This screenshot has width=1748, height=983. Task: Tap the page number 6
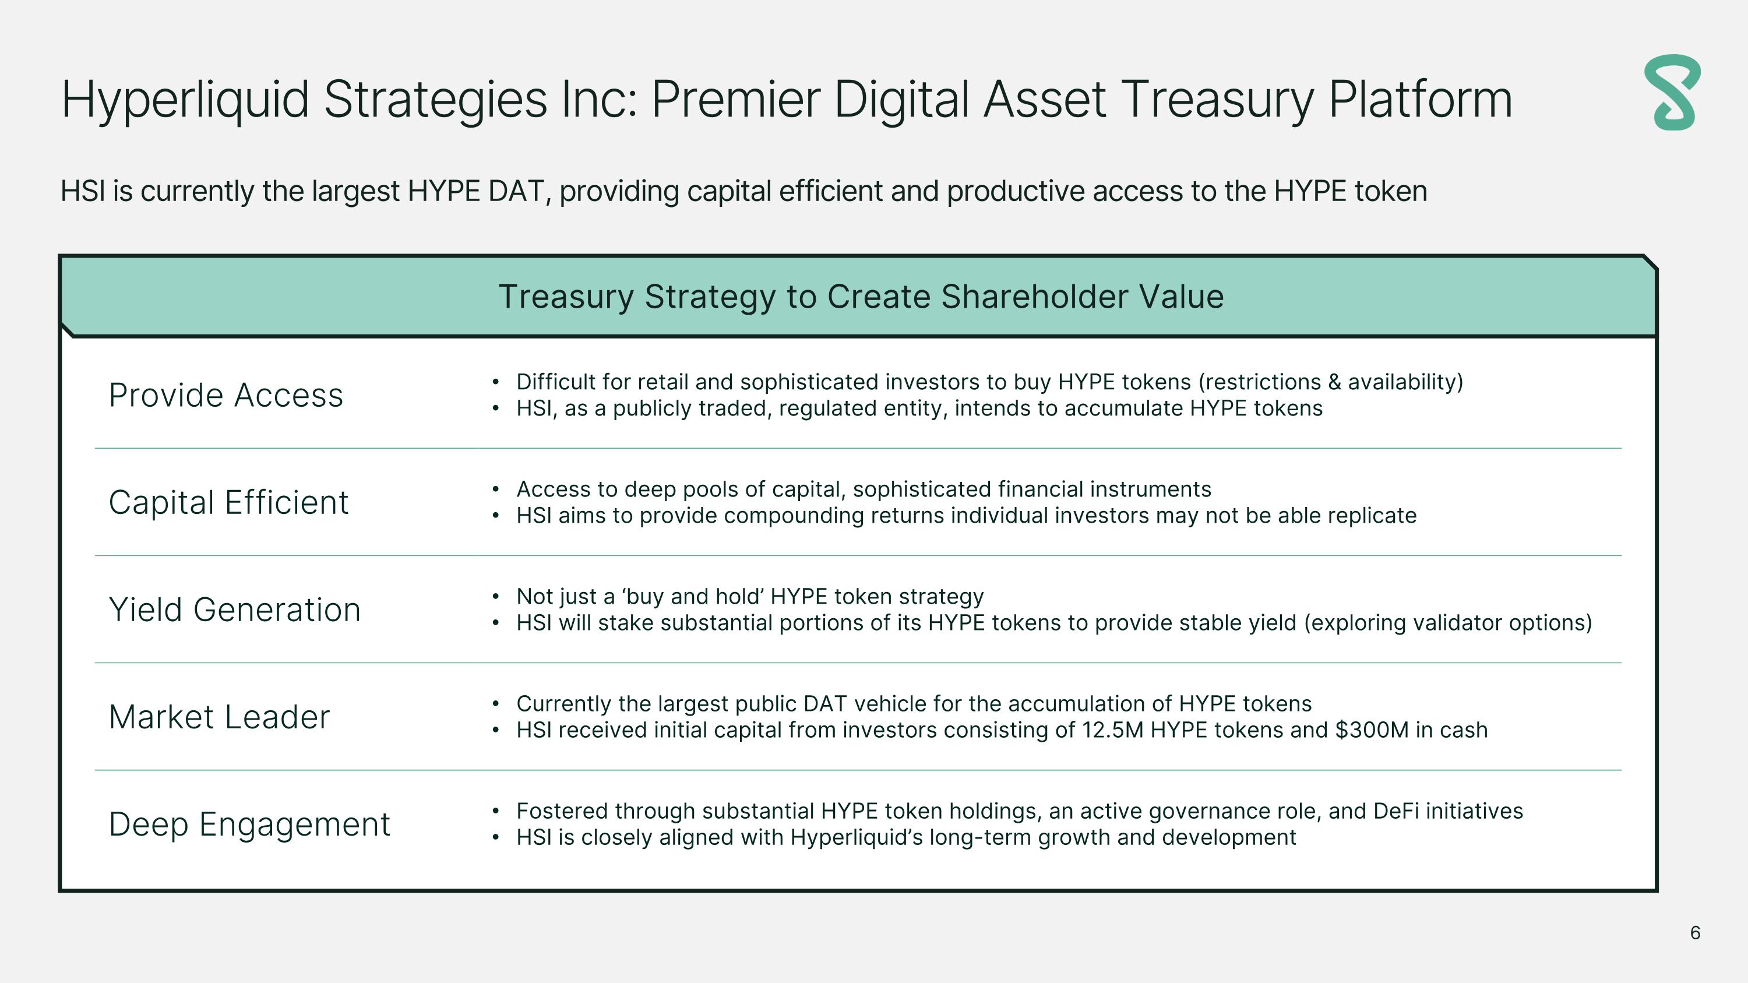click(1695, 933)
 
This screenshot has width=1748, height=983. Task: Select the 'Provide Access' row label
click(226, 395)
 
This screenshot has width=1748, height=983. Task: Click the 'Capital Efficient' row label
click(228, 502)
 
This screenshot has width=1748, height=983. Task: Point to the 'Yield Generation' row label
click(235, 609)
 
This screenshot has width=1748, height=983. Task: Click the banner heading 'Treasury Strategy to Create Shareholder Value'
click(861, 297)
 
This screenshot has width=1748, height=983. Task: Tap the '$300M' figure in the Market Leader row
click(1370, 730)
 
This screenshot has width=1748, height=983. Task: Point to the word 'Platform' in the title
click(1419, 99)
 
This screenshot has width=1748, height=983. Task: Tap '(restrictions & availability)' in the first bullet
click(1331, 382)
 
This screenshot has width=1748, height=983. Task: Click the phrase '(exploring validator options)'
click(1447, 623)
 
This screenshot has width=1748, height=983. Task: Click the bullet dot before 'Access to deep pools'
click(496, 489)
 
